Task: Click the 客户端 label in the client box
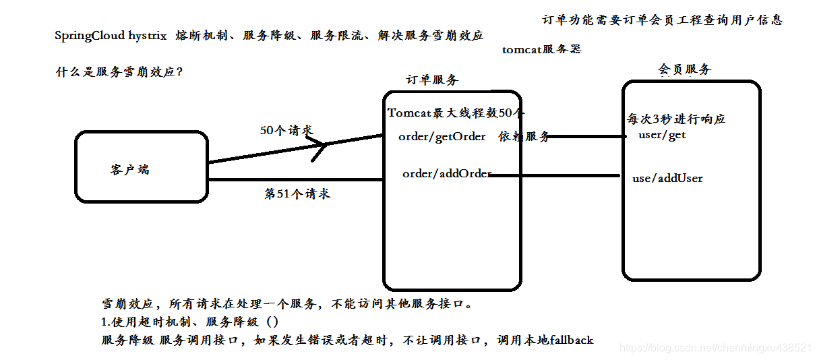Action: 129,169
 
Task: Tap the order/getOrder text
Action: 442,137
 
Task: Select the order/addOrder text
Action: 447,174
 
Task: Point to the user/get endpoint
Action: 662,135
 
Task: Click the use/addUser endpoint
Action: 667,179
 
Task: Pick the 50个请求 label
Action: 286,130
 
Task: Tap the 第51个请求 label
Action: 297,194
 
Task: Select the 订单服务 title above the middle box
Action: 432,80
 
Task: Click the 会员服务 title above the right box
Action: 684,69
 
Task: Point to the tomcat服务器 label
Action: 541,49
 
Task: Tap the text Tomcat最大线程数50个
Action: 456,113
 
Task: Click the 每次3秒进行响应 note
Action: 676,119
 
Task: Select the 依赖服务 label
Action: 524,137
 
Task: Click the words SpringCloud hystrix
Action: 111,36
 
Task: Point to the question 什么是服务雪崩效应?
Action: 119,72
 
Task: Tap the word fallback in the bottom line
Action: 571,340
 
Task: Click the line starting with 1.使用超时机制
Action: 189,322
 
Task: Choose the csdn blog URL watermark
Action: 715,348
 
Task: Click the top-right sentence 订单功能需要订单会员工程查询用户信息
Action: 662,20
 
